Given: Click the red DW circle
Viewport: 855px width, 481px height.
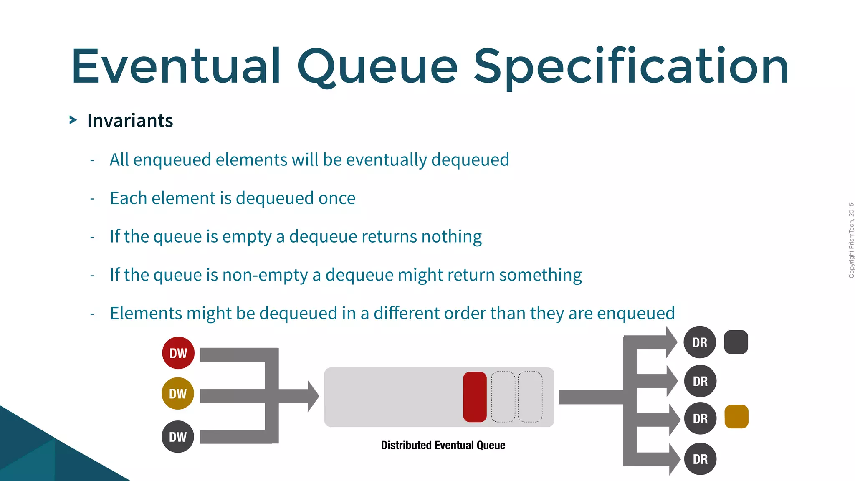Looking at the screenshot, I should tap(178, 353).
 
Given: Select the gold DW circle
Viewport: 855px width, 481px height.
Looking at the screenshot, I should tap(178, 393).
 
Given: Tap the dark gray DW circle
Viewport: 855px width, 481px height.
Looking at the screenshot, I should tap(178, 437).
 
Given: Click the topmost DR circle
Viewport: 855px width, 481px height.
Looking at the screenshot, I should tap(700, 342).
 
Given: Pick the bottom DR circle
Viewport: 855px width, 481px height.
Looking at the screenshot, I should tap(700, 459).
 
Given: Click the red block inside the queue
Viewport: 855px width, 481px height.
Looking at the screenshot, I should tap(475, 397).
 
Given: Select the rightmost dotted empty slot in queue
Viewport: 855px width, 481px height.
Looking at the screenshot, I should tap(530, 397).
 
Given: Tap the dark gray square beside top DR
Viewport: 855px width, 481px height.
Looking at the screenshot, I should tap(736, 342).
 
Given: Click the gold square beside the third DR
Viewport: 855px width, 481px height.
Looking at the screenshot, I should tap(736, 417).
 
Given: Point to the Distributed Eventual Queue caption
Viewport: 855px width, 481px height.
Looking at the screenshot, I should tap(443, 445).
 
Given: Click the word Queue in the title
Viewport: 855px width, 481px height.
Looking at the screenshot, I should tap(377, 67).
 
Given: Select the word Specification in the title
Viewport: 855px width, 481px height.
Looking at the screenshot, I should tap(631, 67).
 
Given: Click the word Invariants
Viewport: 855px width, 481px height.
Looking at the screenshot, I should tap(130, 121).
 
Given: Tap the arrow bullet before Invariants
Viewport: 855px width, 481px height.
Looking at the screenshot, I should tap(73, 120).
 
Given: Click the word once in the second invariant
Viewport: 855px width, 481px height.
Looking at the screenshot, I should tap(337, 198).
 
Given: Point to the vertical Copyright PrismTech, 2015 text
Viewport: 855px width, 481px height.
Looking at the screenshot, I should tap(851, 240).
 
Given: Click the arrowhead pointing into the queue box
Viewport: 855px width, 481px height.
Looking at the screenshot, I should tap(313, 396).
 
